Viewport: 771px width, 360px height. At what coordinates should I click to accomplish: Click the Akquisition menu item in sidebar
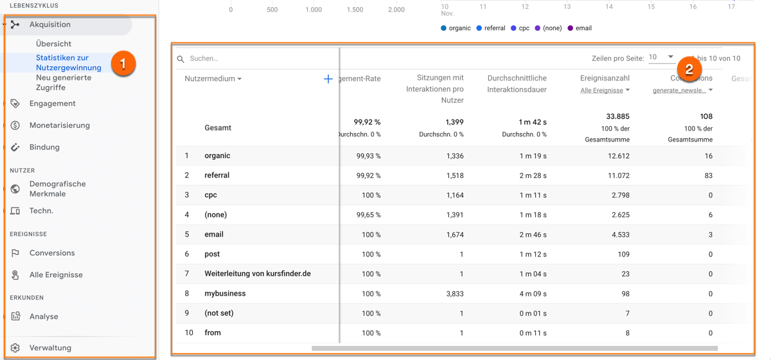50,24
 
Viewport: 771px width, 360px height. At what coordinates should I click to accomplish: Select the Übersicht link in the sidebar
53,44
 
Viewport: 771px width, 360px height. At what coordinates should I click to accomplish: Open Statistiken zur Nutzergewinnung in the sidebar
68,62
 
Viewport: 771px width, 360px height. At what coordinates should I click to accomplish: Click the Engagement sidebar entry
52,104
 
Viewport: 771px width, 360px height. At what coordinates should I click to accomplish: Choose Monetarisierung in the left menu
59,125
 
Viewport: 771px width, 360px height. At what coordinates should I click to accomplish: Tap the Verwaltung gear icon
15,348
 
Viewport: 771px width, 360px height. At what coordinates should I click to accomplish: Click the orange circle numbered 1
123,64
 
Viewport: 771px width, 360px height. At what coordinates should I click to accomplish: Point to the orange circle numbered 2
689,69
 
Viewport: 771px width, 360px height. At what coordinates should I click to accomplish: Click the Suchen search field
257,59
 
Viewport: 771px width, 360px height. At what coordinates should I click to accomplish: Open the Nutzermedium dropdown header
213,79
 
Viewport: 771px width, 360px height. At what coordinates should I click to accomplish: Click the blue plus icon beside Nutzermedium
328,79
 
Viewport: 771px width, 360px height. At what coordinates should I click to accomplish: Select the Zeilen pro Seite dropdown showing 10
660,57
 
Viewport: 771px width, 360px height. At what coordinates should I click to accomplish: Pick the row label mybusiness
225,294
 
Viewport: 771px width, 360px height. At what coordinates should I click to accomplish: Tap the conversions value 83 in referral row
707,175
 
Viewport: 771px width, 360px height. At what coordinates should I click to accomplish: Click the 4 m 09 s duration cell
533,294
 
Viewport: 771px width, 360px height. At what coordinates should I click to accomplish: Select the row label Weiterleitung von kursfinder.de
257,274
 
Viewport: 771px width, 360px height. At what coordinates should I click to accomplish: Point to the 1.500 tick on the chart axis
355,10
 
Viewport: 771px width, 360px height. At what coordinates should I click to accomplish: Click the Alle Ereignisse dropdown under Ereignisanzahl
605,91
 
